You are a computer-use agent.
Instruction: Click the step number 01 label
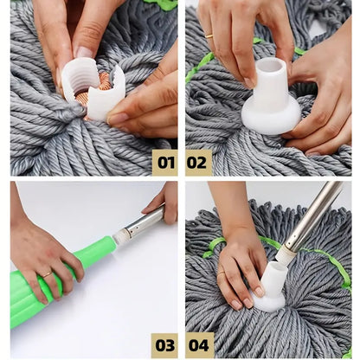point(164,162)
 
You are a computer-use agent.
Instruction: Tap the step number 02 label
point(198,162)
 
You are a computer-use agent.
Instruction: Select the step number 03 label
point(164,344)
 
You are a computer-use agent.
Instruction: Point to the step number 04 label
point(198,344)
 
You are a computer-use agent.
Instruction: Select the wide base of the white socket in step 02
point(269,112)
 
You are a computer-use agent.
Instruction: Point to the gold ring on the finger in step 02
point(209,36)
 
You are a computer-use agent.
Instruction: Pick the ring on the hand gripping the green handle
point(44,274)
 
